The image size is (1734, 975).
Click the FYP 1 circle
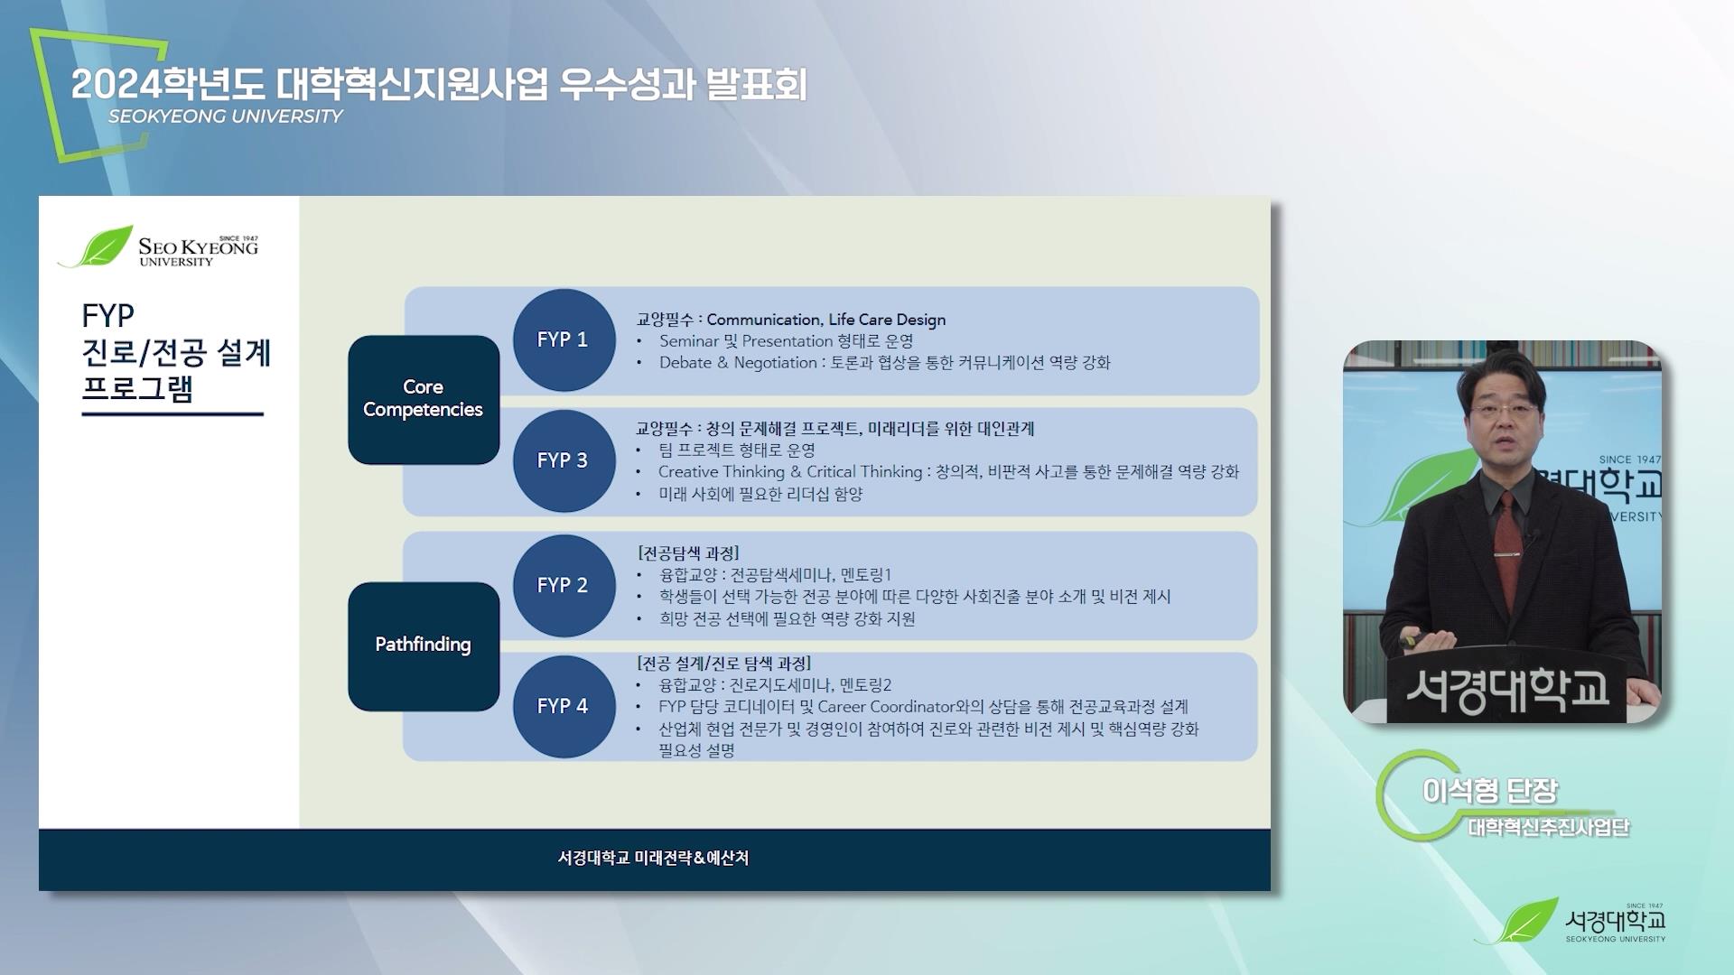(563, 340)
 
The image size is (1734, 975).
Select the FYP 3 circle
(563, 460)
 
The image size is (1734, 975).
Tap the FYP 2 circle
(563, 585)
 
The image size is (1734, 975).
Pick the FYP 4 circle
(563, 706)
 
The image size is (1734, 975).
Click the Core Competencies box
(424, 399)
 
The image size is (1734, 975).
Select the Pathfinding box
(424, 645)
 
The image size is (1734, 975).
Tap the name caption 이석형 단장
(1490, 791)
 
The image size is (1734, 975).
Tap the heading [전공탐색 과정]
(688, 552)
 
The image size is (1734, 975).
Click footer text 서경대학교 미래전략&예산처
(653, 858)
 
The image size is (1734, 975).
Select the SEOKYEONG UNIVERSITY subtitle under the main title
(226, 116)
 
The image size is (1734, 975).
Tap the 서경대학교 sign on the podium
(1507, 691)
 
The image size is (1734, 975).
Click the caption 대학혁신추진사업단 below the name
(1549, 827)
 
